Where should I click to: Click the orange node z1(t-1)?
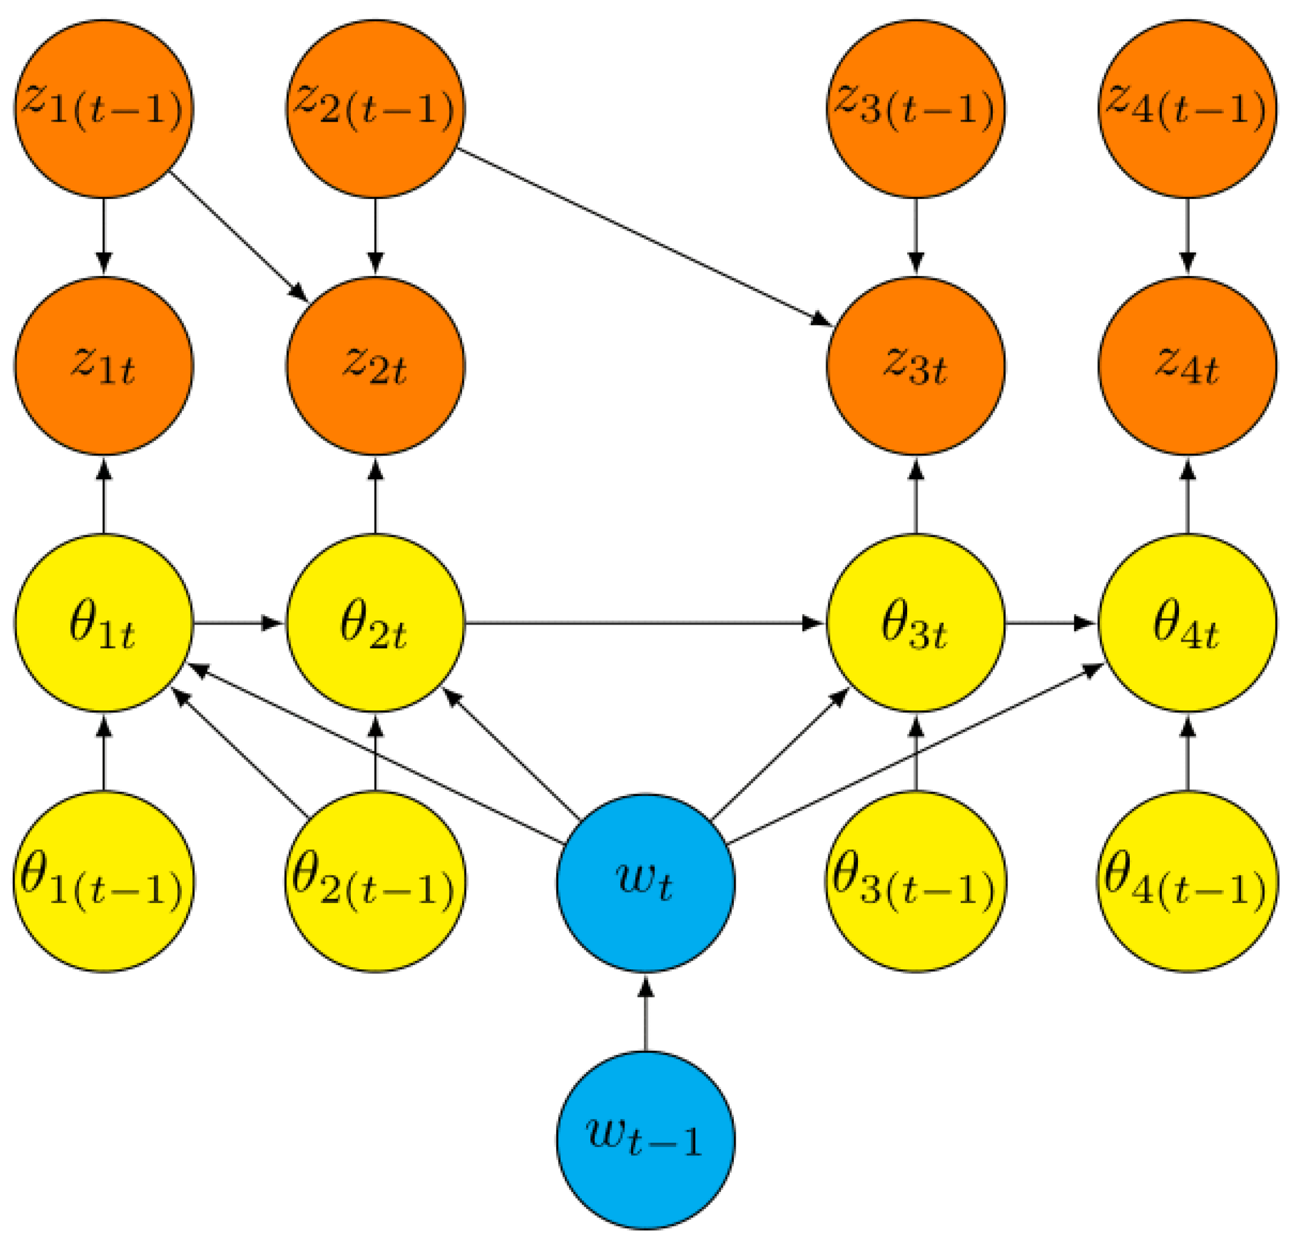pyautogui.click(x=103, y=109)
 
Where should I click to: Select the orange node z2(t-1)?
pyautogui.click(x=375, y=109)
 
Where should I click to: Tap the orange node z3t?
pyautogui.click(x=916, y=366)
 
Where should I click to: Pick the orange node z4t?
pyautogui.click(x=1187, y=366)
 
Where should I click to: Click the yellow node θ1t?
pyautogui.click(x=103, y=623)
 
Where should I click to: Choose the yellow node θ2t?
pyautogui.click(x=375, y=623)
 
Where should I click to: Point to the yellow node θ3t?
pyautogui.click(x=916, y=623)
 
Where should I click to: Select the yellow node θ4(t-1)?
pyautogui.click(x=1187, y=881)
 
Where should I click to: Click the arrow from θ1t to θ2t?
pyautogui.click(x=238, y=623)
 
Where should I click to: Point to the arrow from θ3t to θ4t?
pyautogui.click(x=1051, y=623)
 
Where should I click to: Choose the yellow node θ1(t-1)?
pyautogui.click(x=103, y=881)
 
